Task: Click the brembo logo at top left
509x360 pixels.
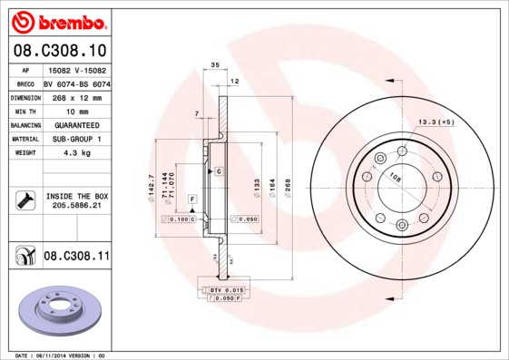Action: click(x=59, y=20)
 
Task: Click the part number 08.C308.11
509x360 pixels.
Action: click(x=76, y=257)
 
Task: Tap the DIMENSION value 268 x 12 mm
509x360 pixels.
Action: click(x=75, y=97)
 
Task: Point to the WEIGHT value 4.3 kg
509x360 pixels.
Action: click(x=75, y=152)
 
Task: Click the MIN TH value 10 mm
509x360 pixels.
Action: click(x=75, y=111)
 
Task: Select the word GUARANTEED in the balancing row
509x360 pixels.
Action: click(x=75, y=124)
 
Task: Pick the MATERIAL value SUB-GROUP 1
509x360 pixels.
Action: click(x=75, y=139)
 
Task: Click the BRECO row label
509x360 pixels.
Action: click(x=26, y=83)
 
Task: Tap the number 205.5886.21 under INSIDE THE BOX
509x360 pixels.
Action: click(x=76, y=206)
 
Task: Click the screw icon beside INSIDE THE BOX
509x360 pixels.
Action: click(x=25, y=200)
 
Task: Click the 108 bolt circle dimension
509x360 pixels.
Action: click(x=396, y=177)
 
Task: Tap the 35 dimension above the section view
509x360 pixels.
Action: click(x=215, y=66)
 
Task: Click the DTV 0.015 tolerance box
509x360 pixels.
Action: click(x=221, y=289)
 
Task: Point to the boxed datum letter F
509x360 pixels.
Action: click(x=191, y=198)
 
